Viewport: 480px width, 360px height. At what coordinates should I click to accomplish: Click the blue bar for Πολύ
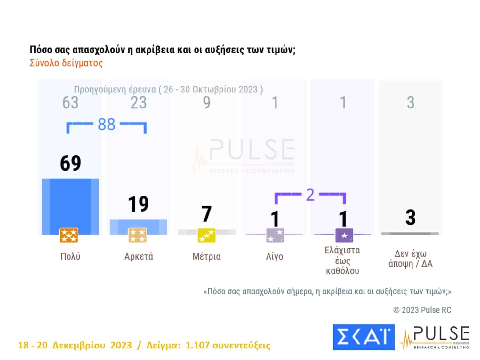coord(70,203)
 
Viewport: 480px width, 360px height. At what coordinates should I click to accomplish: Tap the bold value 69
coord(70,163)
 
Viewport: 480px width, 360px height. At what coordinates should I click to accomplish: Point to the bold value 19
coord(138,204)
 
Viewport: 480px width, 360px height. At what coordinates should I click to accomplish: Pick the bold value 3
coord(410,218)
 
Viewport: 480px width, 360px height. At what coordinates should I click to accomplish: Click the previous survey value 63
coord(70,103)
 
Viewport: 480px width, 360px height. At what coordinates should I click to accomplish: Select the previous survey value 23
coord(138,103)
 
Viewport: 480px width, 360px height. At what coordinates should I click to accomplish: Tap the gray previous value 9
coord(207,103)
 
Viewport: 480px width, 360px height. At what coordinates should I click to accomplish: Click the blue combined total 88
coord(106,124)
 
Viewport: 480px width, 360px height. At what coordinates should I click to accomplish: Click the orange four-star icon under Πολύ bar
coord(69,236)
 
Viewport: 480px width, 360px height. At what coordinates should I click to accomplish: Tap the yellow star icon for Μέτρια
coord(206,236)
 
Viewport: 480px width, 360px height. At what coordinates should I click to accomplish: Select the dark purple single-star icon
coord(344,236)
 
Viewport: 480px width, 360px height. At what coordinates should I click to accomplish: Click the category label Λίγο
coord(275,257)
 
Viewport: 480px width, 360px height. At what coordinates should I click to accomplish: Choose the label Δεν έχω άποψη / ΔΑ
coord(410,259)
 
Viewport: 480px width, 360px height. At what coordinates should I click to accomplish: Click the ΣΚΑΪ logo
coord(363,337)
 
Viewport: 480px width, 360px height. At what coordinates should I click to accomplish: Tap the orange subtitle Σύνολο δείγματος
coord(66,63)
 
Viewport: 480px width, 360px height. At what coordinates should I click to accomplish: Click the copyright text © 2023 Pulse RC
coord(422,310)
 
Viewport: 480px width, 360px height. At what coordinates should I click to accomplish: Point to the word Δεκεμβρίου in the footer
coord(79,346)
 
